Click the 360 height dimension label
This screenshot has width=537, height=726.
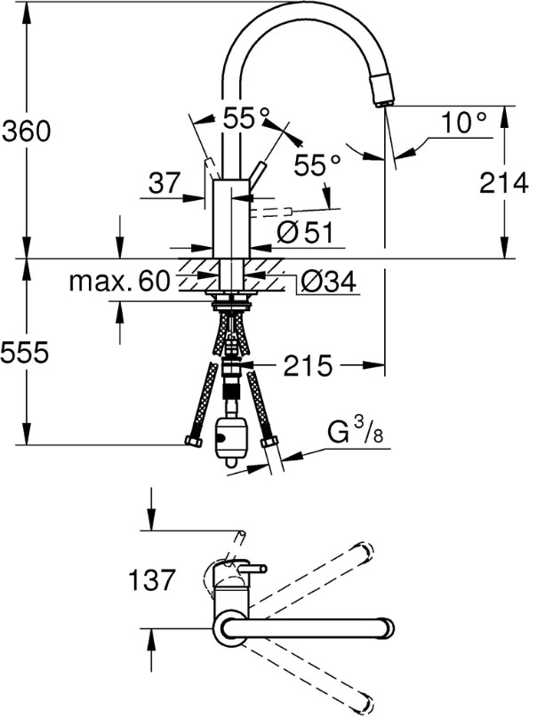coord(27,132)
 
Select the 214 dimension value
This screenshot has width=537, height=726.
coord(504,183)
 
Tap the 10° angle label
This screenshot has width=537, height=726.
coord(464,123)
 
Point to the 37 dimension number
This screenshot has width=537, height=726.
coord(164,184)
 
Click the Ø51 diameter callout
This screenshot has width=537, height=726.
coord(304,233)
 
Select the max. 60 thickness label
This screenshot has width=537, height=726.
coord(119,283)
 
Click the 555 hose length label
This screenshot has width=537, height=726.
coord(24,353)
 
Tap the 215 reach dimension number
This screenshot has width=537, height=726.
coord(309,365)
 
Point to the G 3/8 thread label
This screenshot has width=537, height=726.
coord(350,435)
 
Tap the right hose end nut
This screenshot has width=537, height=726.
coord(267,442)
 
